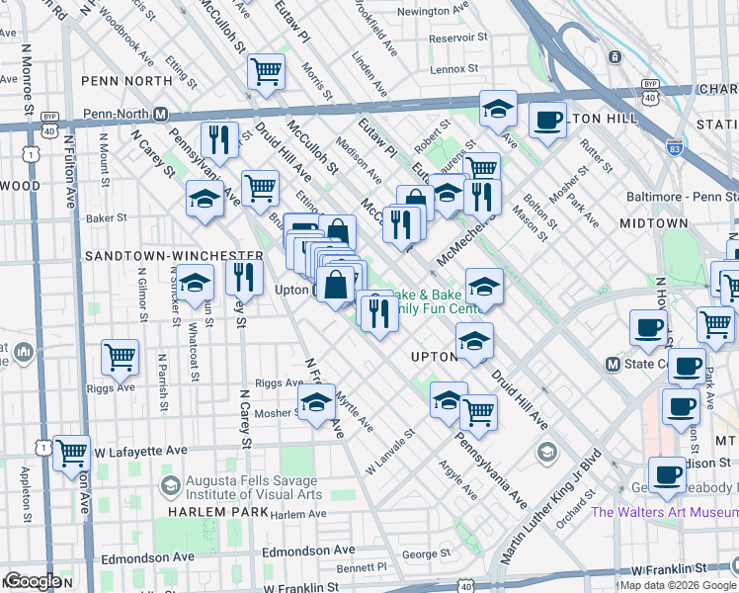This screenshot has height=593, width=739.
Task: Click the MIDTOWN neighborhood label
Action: pos(653,224)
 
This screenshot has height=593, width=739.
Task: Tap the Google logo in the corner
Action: pos(33,581)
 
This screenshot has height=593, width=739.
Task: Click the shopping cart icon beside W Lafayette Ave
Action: pos(72,455)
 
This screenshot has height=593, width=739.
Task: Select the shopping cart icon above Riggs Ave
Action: pos(120,357)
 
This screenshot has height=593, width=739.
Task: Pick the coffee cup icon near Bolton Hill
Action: pos(547,123)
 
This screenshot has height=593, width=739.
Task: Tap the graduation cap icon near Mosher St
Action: pos(316,403)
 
